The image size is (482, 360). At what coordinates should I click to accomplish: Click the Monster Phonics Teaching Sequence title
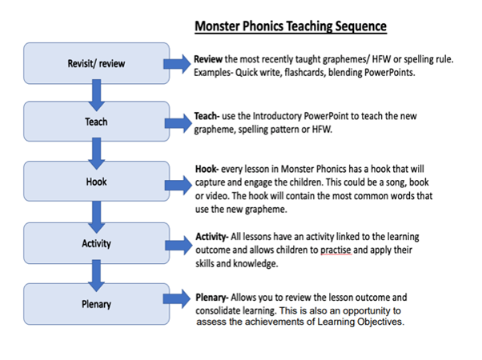[291, 26]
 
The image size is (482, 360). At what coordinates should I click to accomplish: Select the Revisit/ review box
[96, 62]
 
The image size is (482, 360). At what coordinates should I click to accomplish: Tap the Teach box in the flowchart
[96, 122]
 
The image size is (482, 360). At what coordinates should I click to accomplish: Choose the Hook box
[96, 182]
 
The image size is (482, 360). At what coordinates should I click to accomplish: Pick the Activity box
[96, 243]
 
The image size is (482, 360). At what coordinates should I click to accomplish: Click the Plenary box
[96, 304]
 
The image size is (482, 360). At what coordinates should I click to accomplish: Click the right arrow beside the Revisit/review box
[177, 63]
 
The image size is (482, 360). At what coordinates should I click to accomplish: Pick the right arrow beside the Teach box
[177, 122]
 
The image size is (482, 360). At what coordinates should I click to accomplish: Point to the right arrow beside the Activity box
[177, 243]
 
